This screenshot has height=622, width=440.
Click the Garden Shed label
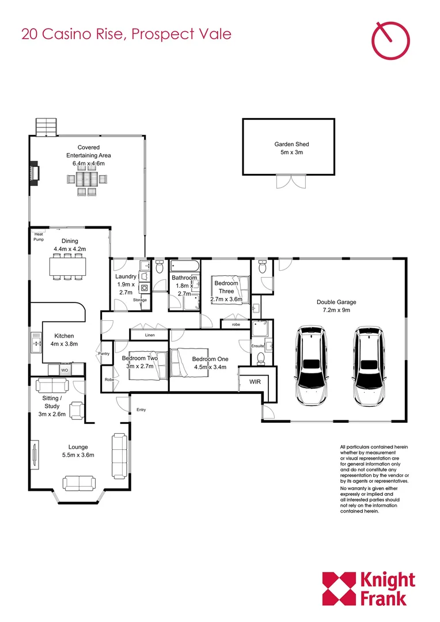pyautogui.click(x=288, y=145)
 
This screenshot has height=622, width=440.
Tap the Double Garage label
pyautogui.click(x=336, y=302)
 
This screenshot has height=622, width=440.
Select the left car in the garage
pyautogui.click(x=311, y=366)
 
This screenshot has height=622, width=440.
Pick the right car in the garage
pyautogui.click(x=369, y=366)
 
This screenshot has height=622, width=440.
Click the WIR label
pyautogui.click(x=255, y=382)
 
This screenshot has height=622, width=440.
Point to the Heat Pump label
pyautogui.click(x=39, y=237)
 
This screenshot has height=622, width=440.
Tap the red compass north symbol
pyautogui.click(x=392, y=40)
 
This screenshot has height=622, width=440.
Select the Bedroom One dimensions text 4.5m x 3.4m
pyautogui.click(x=210, y=367)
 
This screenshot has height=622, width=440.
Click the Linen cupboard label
pyautogui.click(x=150, y=335)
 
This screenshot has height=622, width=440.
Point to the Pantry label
pyautogui.click(x=104, y=354)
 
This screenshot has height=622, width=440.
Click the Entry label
pyautogui.click(x=141, y=410)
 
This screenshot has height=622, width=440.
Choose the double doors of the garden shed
pyautogui.click(x=289, y=181)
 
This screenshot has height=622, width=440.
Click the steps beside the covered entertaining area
pyautogui.click(x=46, y=127)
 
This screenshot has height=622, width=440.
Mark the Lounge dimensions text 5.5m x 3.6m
pyautogui.click(x=78, y=455)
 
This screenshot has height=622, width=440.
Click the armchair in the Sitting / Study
pyautogui.click(x=76, y=410)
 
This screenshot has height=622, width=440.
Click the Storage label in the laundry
pyautogui.click(x=140, y=300)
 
